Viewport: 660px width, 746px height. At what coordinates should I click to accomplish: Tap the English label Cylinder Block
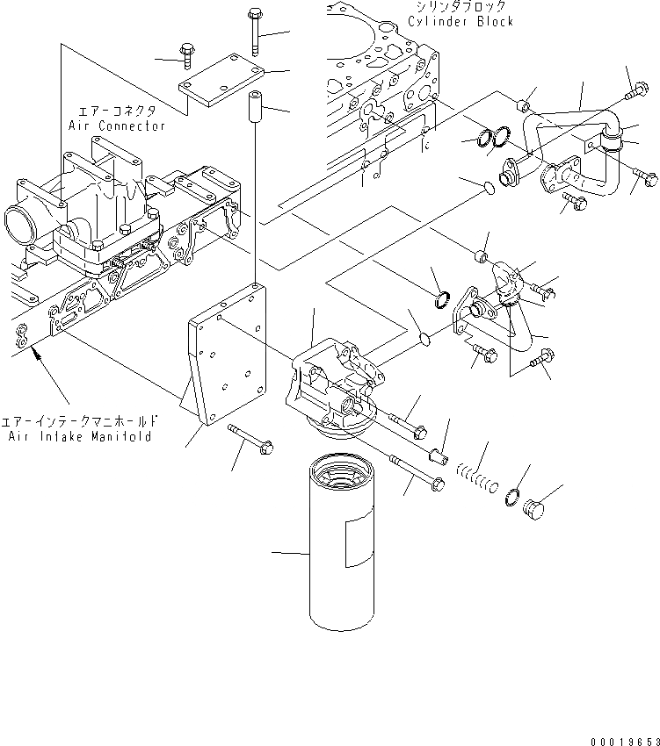point(461,21)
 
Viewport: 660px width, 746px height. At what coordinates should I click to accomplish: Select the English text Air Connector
point(117,126)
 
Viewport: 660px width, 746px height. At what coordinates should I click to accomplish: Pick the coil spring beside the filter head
point(479,478)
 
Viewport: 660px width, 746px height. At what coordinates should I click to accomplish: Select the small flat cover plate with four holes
point(220,81)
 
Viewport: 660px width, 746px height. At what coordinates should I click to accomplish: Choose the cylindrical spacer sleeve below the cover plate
point(253,105)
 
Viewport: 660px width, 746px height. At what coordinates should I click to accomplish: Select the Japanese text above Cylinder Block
point(460,7)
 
